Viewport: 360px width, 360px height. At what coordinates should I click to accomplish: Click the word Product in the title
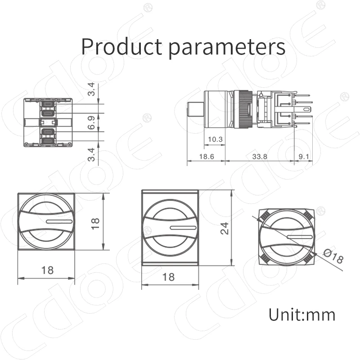click(121, 46)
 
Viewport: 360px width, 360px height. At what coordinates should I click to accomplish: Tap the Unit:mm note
click(302, 314)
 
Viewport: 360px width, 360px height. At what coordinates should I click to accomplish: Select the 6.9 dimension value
click(91, 122)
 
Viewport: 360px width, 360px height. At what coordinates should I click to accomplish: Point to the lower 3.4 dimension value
click(91, 154)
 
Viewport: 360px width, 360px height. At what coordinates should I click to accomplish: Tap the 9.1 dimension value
click(303, 157)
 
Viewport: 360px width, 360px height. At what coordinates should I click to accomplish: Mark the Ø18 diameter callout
click(333, 258)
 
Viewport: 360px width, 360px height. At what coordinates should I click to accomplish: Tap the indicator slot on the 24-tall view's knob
click(183, 228)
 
